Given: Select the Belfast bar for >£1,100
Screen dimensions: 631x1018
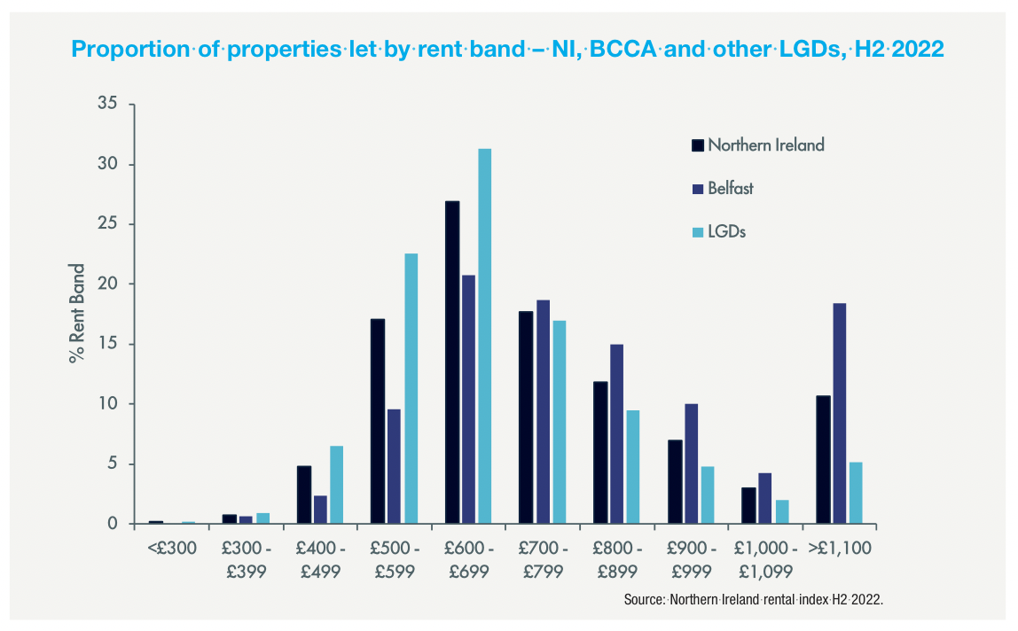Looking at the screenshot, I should pyautogui.click(x=839, y=413).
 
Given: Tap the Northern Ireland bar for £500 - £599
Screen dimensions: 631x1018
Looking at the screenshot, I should pyautogui.click(x=378, y=421).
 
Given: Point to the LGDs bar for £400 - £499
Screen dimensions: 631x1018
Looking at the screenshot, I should pyautogui.click(x=336, y=485).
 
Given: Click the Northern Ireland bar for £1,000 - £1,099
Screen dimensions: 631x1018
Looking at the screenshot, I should pyautogui.click(x=749, y=505).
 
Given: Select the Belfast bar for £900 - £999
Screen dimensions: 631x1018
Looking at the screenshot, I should pyautogui.click(x=691, y=464).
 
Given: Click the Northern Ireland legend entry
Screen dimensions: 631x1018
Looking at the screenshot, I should pyautogui.click(x=758, y=145).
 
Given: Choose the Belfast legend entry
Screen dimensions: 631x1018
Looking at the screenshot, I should pyautogui.click(x=723, y=189).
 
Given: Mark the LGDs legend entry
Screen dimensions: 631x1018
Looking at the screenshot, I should pyautogui.click(x=719, y=232).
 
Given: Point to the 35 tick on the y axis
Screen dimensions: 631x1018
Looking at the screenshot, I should pyautogui.click(x=108, y=105).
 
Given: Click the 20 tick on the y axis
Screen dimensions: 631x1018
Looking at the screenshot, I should pyautogui.click(x=108, y=284).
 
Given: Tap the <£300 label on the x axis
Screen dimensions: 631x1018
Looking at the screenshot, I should pyautogui.click(x=172, y=549).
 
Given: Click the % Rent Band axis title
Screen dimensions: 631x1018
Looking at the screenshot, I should pyautogui.click(x=78, y=314).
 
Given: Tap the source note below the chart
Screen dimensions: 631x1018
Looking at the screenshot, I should pyautogui.click(x=754, y=600).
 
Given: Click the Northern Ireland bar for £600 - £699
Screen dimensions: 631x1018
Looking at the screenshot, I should pyautogui.click(x=452, y=362).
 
